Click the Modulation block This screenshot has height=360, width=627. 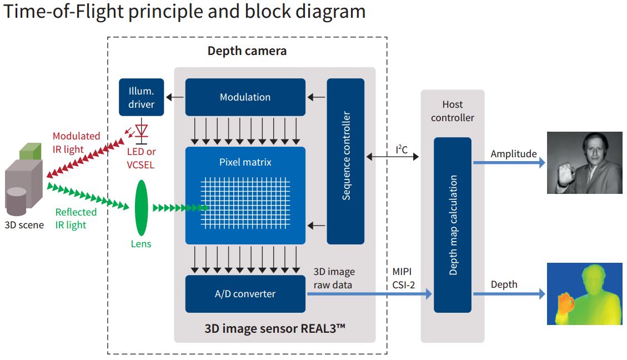pyautogui.click(x=245, y=97)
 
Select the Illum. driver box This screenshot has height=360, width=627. pyautogui.click(x=142, y=97)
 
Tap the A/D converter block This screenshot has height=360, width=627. pyautogui.click(x=245, y=293)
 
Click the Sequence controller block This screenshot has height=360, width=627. pyautogui.click(x=345, y=161)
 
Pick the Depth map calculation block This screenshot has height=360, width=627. pyautogui.click(x=452, y=224)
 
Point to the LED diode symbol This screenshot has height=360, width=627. pyautogui.click(x=142, y=131)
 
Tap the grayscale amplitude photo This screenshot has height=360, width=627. pyautogui.click(x=584, y=163)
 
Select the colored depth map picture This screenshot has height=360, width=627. pyautogui.click(x=584, y=294)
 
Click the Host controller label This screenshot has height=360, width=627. pyautogui.click(x=452, y=111)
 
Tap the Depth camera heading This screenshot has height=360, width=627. pyautogui.click(x=247, y=51)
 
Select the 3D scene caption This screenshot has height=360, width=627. pyautogui.click(x=24, y=225)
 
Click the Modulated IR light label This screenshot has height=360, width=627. pyautogui.click(x=76, y=143)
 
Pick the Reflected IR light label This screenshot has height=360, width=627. pyautogui.click(x=76, y=218)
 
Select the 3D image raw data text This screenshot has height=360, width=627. pyautogui.click(x=334, y=278)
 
